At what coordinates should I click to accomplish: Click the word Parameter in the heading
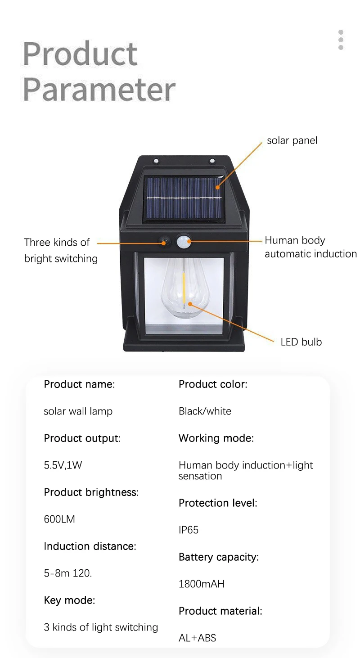(x=99, y=89)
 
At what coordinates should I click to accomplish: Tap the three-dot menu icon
(x=341, y=40)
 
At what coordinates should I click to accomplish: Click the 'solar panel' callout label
(x=292, y=140)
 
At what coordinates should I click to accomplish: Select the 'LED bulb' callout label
(x=301, y=342)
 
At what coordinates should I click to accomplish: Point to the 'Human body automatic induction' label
(x=310, y=247)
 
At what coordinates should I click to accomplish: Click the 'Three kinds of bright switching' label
(x=61, y=250)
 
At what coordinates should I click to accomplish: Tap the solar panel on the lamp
(x=184, y=198)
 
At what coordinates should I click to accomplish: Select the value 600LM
(x=59, y=519)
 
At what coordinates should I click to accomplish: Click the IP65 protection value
(x=189, y=530)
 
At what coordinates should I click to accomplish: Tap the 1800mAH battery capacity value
(x=202, y=584)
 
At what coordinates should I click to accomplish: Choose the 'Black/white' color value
(x=205, y=411)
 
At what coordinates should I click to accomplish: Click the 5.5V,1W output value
(x=63, y=465)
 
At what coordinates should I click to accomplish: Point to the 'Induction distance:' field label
(x=90, y=546)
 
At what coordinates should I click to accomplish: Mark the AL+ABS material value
(x=197, y=638)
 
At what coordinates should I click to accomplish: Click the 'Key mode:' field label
(x=69, y=600)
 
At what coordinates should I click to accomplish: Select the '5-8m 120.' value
(x=68, y=573)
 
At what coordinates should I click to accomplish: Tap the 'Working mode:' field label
(x=216, y=438)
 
